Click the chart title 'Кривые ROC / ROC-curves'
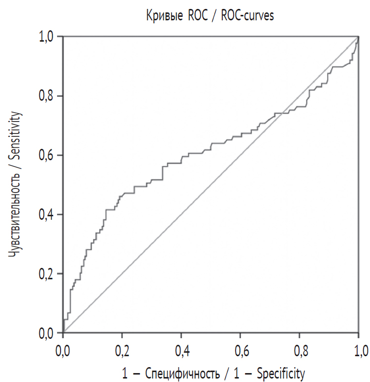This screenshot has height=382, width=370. pos(210,15)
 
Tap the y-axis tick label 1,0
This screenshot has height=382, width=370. pos(48,37)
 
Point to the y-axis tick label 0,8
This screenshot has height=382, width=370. pos(48,96)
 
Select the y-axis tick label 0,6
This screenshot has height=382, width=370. pos(48,155)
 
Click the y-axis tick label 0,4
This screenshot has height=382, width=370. pos(48,214)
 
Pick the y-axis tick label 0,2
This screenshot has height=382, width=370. pos(48,274)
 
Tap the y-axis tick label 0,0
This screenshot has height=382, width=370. pos(48,333)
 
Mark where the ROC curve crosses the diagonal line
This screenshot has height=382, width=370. pos(282,113)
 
